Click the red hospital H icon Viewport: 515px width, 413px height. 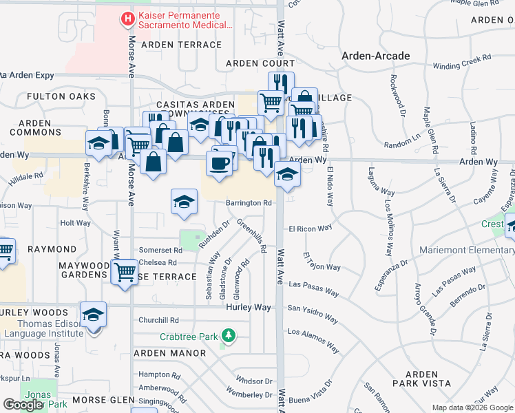(x=127, y=19)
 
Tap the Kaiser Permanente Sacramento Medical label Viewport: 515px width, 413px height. (x=185, y=21)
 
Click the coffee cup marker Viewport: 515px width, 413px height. (x=220, y=163)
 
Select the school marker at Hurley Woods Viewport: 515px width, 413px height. (x=93, y=315)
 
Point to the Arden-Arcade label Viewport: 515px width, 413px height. (x=376, y=56)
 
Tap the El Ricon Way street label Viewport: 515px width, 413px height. (x=310, y=227)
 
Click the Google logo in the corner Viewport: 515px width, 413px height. (x=23, y=405)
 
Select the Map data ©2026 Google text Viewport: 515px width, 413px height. (x=472, y=407)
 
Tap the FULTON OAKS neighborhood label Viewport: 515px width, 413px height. (x=61, y=97)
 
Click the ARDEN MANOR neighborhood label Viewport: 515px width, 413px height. (x=169, y=353)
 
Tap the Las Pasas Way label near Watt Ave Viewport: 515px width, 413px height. (x=313, y=288)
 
